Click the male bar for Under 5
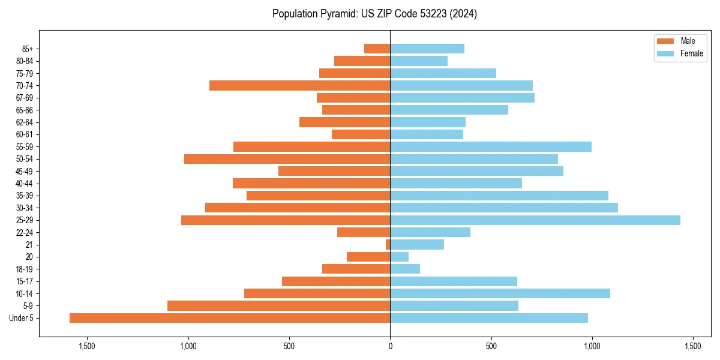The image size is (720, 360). click(230, 318)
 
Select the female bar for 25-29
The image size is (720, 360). click(535, 220)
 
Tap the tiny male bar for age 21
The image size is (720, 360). click(388, 244)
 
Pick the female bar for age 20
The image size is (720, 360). click(400, 257)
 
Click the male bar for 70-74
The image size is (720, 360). click(300, 86)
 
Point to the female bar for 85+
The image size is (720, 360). click(427, 49)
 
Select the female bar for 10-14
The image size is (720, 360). click(500, 293)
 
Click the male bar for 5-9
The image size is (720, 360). click(279, 306)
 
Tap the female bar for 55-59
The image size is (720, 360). click(491, 147)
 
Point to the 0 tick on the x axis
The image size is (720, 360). click(390, 346)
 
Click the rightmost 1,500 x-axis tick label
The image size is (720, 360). click(693, 346)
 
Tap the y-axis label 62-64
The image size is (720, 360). click(25, 122)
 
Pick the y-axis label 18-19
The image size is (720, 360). click(25, 269)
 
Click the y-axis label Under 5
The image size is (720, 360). click(22, 318)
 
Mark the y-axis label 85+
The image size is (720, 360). click(27, 49)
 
